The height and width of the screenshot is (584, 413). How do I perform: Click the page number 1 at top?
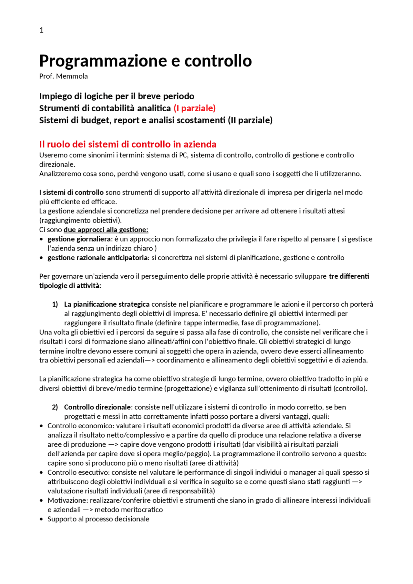tap(41, 30)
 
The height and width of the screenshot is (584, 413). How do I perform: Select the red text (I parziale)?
tap(195, 108)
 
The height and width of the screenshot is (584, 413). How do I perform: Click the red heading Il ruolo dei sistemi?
tap(128, 144)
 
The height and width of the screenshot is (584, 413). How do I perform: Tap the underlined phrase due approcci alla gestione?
tap(106, 230)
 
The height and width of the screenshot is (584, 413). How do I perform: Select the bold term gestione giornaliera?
tap(79, 239)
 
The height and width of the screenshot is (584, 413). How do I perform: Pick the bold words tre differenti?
tap(349, 276)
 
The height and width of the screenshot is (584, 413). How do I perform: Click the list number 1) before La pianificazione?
tap(55, 304)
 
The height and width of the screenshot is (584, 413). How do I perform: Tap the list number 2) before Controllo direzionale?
tap(55, 407)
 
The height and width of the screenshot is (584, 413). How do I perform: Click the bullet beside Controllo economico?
tap(41, 426)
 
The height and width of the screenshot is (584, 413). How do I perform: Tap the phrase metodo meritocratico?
tap(128, 510)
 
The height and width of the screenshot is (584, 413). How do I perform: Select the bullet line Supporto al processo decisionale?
tap(98, 519)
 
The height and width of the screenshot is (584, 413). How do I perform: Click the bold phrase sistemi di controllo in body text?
tap(73, 193)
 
